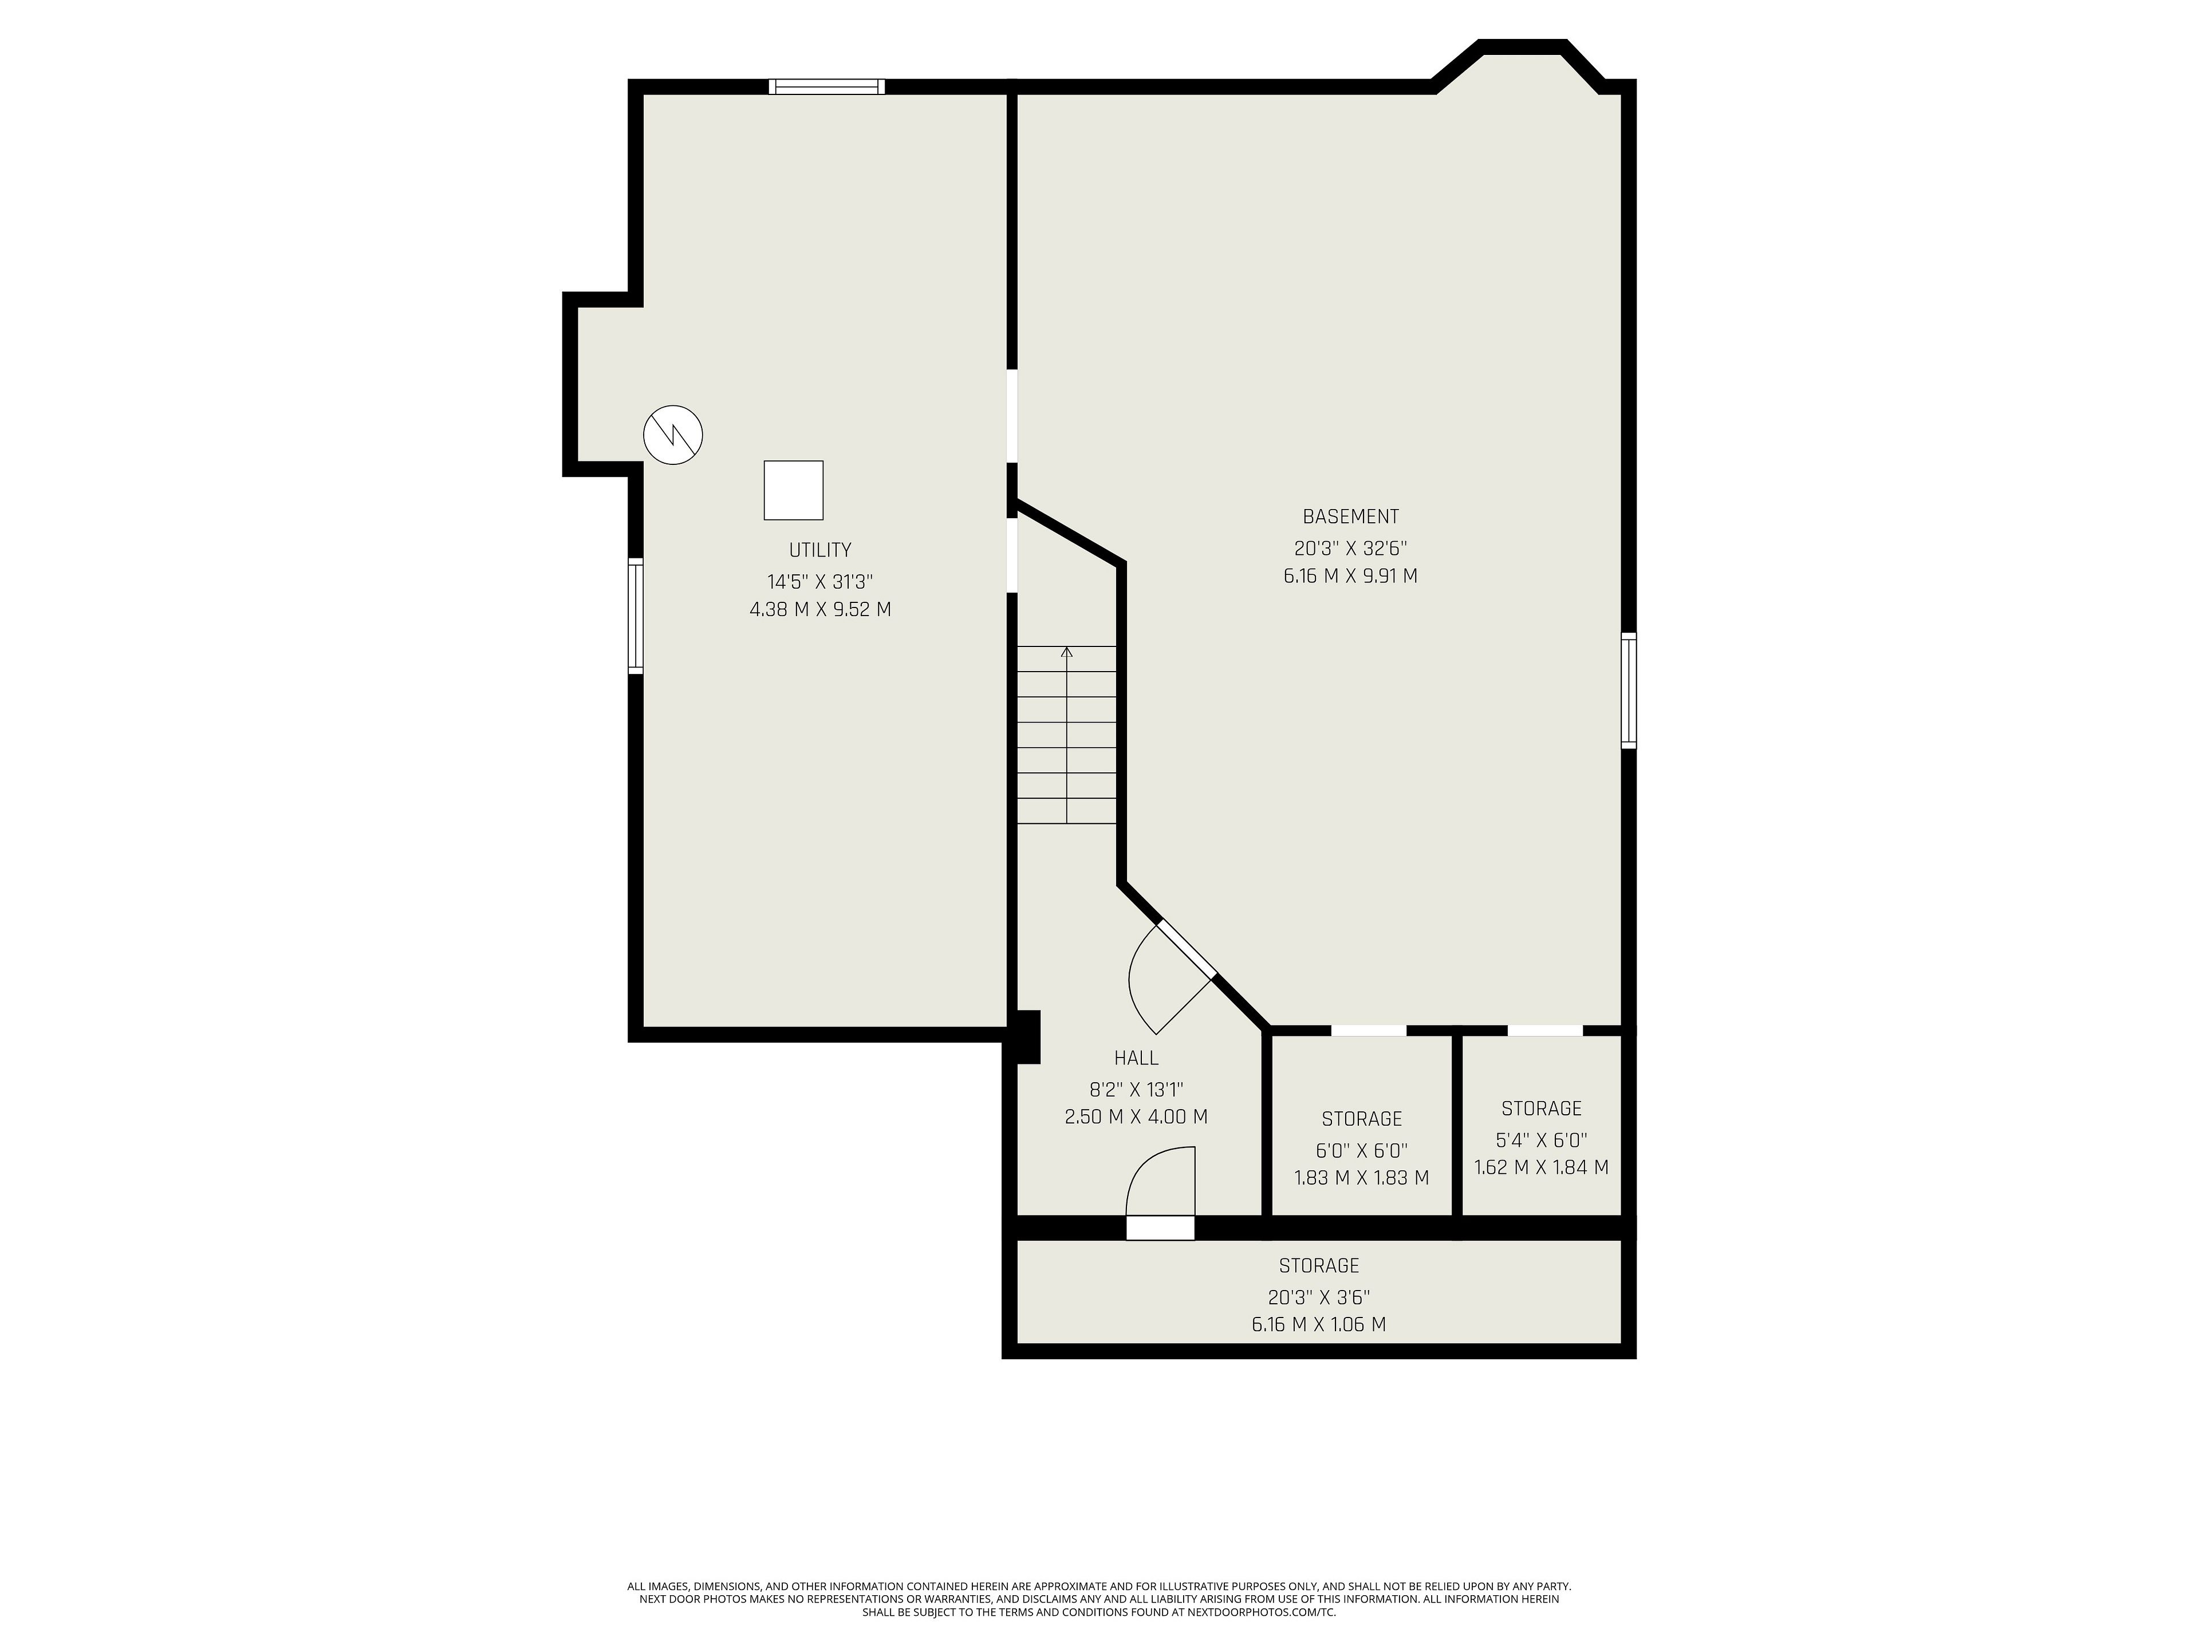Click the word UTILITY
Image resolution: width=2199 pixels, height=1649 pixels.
click(x=820, y=550)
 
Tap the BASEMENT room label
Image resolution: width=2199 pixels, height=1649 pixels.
click(x=1350, y=517)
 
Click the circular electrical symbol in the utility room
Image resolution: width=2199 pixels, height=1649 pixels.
click(x=673, y=435)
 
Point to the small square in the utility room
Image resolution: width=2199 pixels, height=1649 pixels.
click(x=793, y=490)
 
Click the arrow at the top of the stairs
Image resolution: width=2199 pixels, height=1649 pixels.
click(x=1067, y=652)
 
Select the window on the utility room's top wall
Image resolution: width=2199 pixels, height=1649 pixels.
click(x=827, y=86)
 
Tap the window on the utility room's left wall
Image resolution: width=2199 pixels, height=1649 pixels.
click(x=635, y=616)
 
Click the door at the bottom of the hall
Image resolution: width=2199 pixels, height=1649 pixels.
click(x=1160, y=1193)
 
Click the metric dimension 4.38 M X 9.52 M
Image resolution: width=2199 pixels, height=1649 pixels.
click(x=820, y=609)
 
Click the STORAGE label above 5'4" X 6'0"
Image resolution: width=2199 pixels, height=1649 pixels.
click(x=1541, y=1108)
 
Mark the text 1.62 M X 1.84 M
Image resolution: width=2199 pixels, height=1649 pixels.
click(x=1541, y=1168)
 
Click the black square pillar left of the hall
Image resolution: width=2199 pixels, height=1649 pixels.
click(x=1025, y=1037)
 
